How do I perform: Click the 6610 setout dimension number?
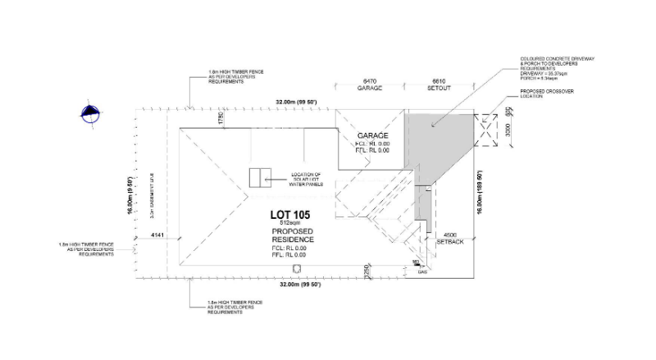[x=440, y=82]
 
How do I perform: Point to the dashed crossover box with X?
[x=487, y=130]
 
